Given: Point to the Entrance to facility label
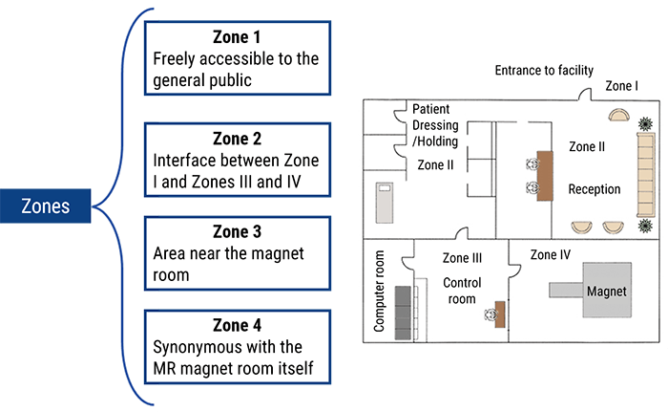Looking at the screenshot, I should pyautogui.click(x=544, y=71).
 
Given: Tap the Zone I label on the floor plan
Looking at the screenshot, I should pyautogui.click(x=622, y=87).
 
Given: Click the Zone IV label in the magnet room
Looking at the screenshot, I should pyautogui.click(x=551, y=255).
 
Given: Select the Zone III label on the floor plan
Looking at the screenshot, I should pyautogui.click(x=462, y=258).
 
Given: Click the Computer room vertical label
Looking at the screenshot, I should pyautogui.click(x=379, y=293).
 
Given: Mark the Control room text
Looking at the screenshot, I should pyautogui.click(x=463, y=291).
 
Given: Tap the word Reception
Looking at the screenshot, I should pyautogui.click(x=594, y=189).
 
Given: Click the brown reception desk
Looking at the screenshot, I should pyautogui.click(x=546, y=176).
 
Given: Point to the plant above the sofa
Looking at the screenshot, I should pyautogui.click(x=646, y=122).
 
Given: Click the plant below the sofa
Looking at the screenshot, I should pyautogui.click(x=646, y=227).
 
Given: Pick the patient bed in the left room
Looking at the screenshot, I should pyautogui.click(x=386, y=201).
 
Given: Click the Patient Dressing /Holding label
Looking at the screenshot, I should pyautogui.click(x=435, y=125).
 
